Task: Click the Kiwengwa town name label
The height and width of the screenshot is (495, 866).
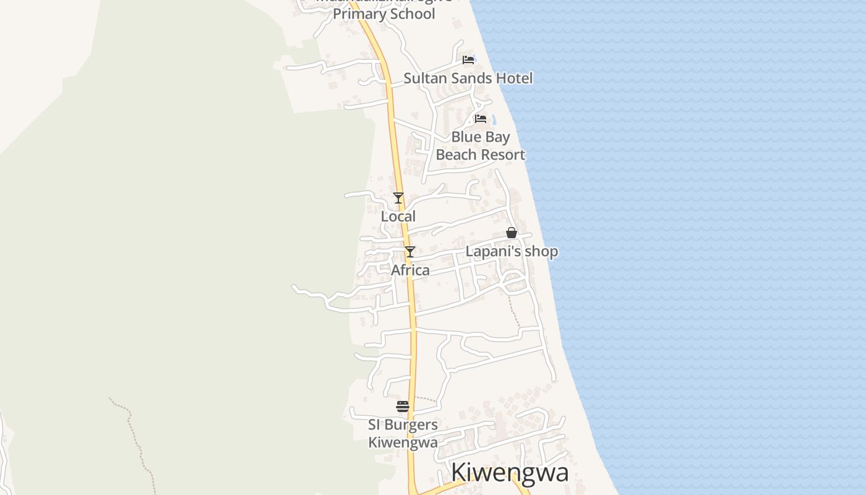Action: (x=510, y=473)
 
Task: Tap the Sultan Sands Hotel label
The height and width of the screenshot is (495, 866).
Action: (x=468, y=78)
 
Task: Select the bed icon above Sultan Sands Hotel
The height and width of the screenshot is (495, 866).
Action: (x=468, y=60)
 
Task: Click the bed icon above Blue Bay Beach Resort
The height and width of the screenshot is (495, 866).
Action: (x=480, y=118)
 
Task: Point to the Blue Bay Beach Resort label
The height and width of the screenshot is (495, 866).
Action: (x=481, y=146)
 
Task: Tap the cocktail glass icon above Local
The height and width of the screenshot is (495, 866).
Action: (x=398, y=198)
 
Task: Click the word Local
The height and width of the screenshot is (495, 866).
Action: (x=398, y=217)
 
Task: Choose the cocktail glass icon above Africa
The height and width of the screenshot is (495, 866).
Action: (x=409, y=252)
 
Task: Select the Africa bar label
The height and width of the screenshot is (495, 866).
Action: (x=410, y=270)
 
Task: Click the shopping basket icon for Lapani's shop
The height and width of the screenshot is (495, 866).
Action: (x=512, y=233)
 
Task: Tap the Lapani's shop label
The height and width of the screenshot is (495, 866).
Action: (x=512, y=251)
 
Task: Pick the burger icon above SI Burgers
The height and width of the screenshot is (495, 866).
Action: (x=403, y=407)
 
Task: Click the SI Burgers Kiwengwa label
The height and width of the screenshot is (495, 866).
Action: (x=403, y=433)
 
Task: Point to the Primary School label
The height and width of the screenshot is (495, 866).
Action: (x=384, y=14)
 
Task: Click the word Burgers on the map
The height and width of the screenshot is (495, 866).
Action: (x=411, y=424)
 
